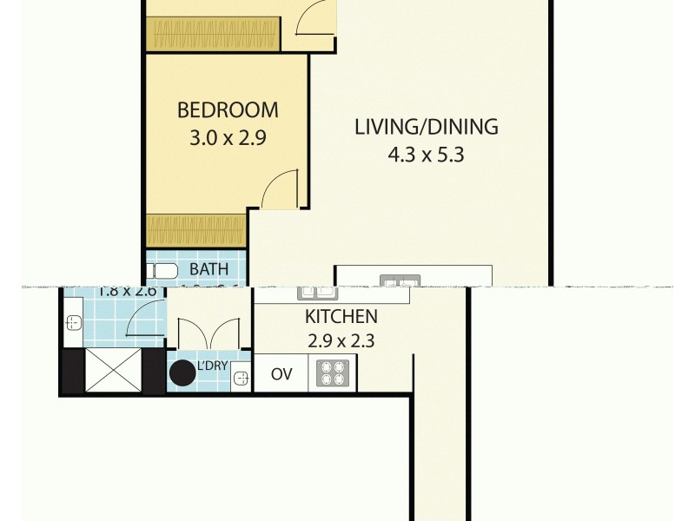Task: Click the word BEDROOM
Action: [x=228, y=110]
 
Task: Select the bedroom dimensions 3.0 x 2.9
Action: [x=228, y=137]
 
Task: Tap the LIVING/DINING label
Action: [x=426, y=127]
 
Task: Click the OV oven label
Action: [x=281, y=374]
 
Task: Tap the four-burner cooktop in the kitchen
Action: [x=331, y=373]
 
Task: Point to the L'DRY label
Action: [x=212, y=366]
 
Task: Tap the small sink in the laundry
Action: [x=240, y=378]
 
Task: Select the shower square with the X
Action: [x=113, y=370]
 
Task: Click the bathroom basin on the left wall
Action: [x=73, y=323]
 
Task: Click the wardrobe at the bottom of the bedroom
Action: [x=196, y=230]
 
